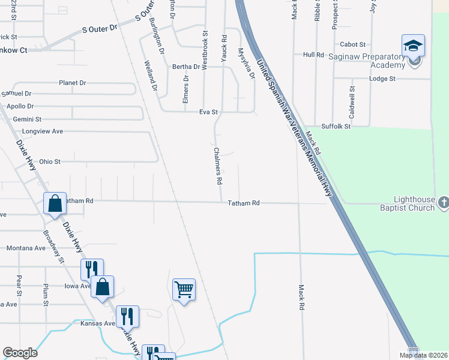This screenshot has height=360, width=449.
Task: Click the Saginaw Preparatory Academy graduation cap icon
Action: (x=412, y=46)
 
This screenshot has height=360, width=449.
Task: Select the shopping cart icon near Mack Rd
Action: (x=184, y=290)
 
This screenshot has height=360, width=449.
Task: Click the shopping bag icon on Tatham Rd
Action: (x=55, y=203)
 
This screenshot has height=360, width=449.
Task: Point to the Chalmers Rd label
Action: (x=218, y=166)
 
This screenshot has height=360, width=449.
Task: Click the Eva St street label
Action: (x=208, y=112)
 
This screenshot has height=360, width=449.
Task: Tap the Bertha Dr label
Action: (x=186, y=67)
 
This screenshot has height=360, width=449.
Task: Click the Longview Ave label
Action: (x=42, y=131)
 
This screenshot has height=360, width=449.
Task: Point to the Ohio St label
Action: (x=50, y=161)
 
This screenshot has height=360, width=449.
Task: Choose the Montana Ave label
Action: (x=26, y=248)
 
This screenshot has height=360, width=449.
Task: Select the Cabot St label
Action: (x=353, y=44)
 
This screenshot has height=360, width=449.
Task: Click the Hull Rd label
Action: (x=313, y=55)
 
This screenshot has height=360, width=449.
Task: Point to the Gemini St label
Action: (x=28, y=119)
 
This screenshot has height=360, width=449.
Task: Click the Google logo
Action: (x=20, y=353)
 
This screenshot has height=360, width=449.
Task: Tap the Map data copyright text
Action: (x=421, y=355)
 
